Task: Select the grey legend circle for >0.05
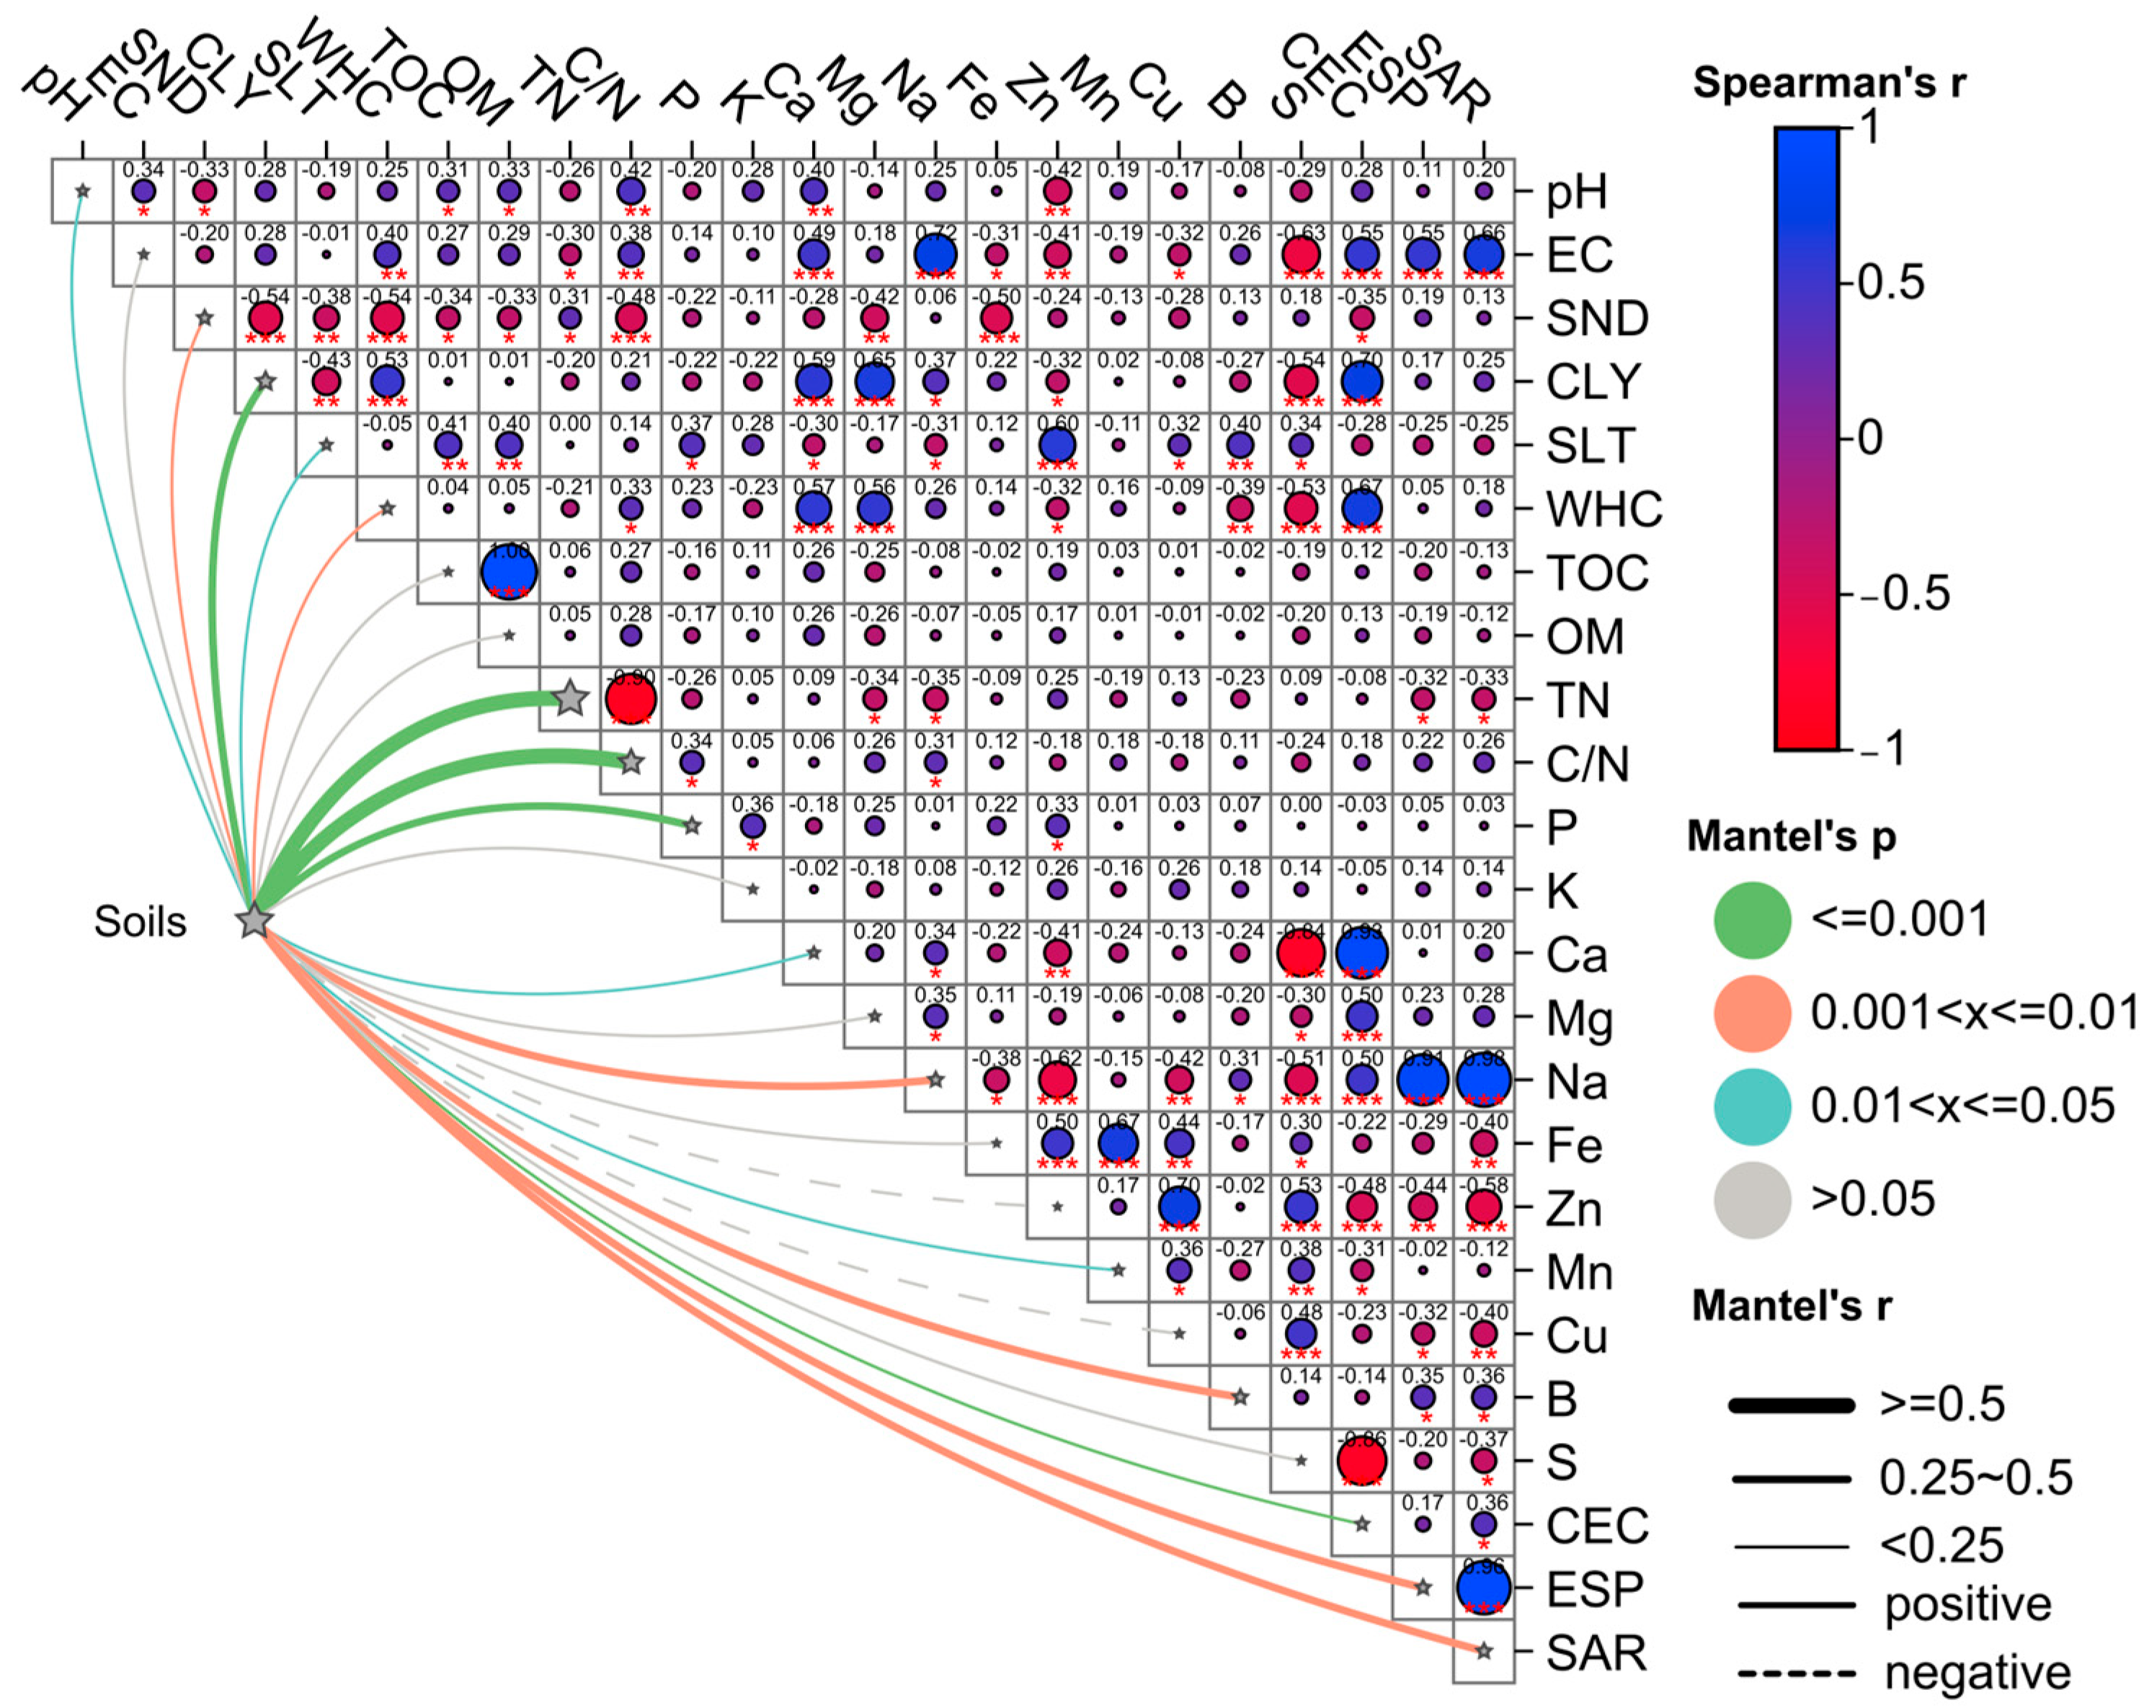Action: point(1751,1199)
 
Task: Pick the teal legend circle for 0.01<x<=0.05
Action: point(1751,1106)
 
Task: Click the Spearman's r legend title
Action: point(1829,83)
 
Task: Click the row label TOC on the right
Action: point(1597,573)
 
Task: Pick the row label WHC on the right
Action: point(1603,509)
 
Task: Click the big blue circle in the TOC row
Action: point(510,572)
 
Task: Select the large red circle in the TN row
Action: point(631,699)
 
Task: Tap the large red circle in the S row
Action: point(1361,1461)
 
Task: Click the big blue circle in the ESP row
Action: point(1483,1588)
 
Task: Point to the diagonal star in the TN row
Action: point(569,699)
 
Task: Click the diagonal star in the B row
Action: point(1240,1397)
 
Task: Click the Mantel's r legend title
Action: point(1791,1305)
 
